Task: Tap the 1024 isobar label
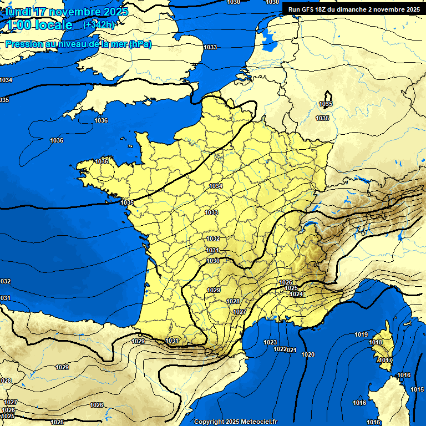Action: pyautogui.click(x=296, y=294)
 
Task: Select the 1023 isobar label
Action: pyautogui.click(x=270, y=342)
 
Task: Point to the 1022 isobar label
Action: pyautogui.click(x=280, y=349)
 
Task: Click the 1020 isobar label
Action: pyautogui.click(x=308, y=354)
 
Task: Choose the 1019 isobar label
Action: pyautogui.click(x=361, y=334)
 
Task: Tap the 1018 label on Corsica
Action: pyautogui.click(x=376, y=342)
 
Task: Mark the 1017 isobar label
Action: pyautogui.click(x=386, y=361)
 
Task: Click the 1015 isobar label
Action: pyautogui.click(x=417, y=390)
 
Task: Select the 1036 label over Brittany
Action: pyautogui.click(x=102, y=161)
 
